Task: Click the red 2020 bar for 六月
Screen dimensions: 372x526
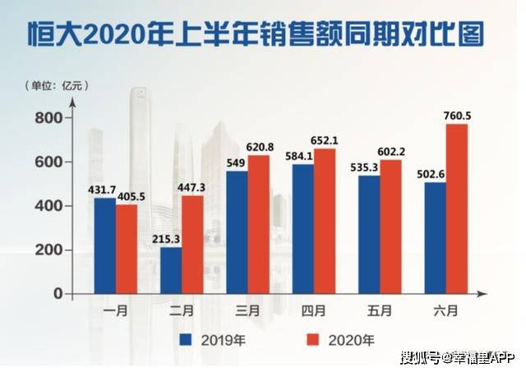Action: [x=456, y=209]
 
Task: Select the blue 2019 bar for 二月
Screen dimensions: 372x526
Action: [x=171, y=269]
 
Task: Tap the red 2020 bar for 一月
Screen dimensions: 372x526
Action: [x=127, y=249]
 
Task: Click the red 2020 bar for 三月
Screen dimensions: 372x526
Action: [x=259, y=224]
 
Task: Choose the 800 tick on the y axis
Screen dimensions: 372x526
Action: [x=49, y=119]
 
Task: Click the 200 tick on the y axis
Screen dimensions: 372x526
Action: [x=49, y=250]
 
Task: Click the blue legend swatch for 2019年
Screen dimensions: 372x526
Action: [x=186, y=338]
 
